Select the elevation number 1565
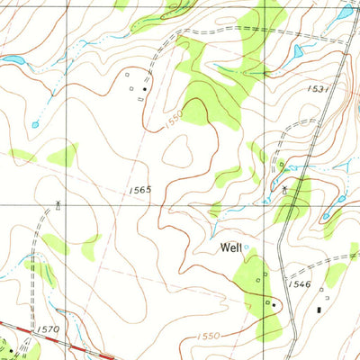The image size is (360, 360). click(139, 190)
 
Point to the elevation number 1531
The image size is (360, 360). click(320, 89)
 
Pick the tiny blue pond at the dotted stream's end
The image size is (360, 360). click(35, 124)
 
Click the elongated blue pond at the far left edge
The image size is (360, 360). click(13, 60)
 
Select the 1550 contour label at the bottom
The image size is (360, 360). click(206, 335)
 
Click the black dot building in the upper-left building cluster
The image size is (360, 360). click(144, 89)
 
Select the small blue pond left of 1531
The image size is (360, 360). click(296, 52)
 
